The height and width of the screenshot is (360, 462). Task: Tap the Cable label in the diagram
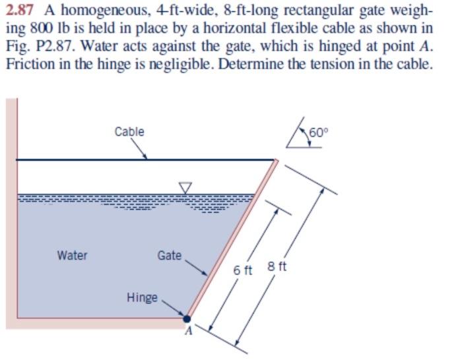point(129,131)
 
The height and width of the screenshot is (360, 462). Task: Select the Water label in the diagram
point(72,255)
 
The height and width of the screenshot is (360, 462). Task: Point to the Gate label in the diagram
point(170,255)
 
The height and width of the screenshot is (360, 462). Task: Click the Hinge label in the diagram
point(142,297)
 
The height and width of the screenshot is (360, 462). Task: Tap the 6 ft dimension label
point(244,270)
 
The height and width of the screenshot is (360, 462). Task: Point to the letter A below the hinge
point(187,332)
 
